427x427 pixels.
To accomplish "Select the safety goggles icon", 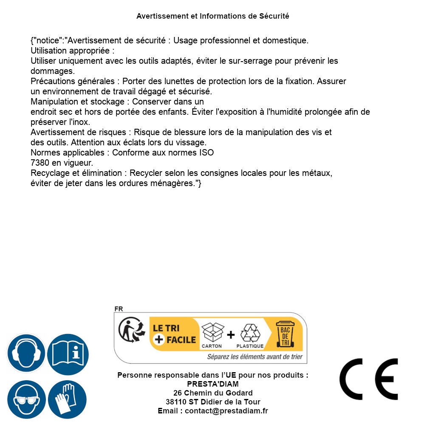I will pyautogui.click(x=26, y=400).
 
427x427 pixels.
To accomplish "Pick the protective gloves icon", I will pyautogui.click(x=68, y=400).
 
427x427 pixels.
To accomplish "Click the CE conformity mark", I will pyautogui.click(x=368, y=379).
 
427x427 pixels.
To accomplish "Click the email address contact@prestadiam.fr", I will pyautogui.click(x=226, y=411).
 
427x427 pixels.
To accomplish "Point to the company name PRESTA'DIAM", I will pyautogui.click(x=213, y=384).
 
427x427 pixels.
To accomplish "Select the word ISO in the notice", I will pyautogui.click(x=206, y=153).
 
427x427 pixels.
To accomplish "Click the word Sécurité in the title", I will pyautogui.click(x=274, y=16).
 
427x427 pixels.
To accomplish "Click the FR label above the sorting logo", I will pyautogui.click(x=119, y=309).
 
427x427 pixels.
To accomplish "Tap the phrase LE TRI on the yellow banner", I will pyautogui.click(x=166, y=328).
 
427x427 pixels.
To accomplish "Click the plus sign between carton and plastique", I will pyautogui.click(x=231, y=335).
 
